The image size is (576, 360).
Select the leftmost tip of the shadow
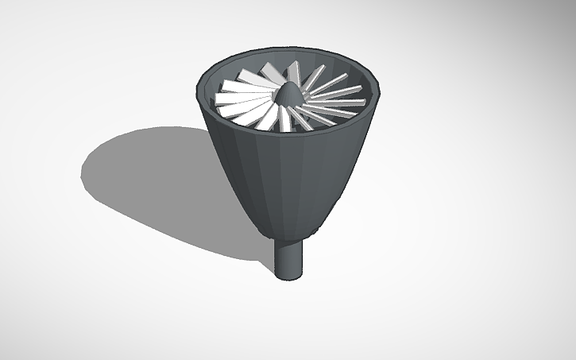tap(82, 171)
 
